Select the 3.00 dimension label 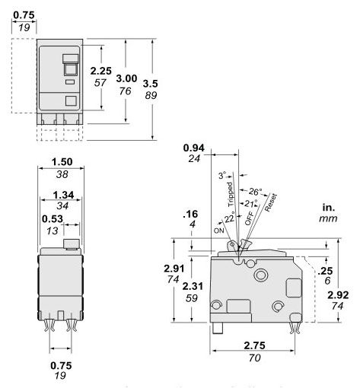(x=139, y=78)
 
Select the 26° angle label (x=256, y=191)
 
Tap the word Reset (x=269, y=201)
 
